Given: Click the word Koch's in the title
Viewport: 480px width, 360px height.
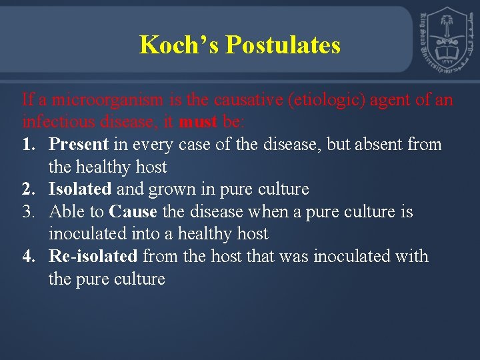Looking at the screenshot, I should [179, 45].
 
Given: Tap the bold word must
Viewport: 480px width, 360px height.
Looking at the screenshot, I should [197, 122].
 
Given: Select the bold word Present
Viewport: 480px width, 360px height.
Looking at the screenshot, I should [78, 144].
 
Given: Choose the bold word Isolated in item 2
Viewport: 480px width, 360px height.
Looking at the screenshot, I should [80, 189].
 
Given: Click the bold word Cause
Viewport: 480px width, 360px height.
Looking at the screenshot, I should [133, 212].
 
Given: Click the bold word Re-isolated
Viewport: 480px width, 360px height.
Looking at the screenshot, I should [93, 257].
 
